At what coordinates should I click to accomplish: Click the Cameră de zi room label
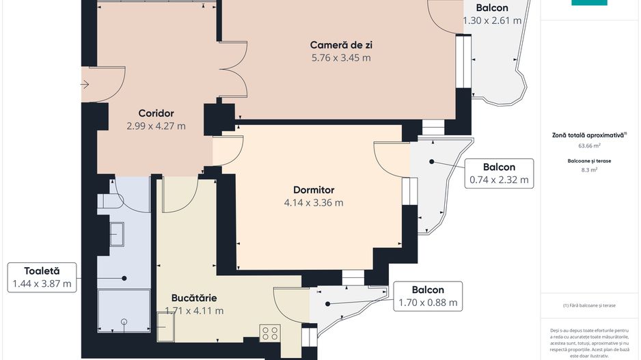pos(341,45)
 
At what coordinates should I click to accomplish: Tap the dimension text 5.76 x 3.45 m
pos(341,58)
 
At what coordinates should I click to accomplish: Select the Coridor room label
pos(156,113)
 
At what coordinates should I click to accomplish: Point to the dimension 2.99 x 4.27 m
pos(156,126)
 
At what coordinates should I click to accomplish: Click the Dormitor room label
pos(314,189)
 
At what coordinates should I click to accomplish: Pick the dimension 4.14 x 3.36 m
pos(314,203)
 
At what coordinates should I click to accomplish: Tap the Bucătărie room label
pos(194,298)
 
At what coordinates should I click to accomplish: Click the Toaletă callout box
pos(42,277)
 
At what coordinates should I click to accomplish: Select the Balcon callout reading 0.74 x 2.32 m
pos(499,174)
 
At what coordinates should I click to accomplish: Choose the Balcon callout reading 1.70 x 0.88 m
pos(428,296)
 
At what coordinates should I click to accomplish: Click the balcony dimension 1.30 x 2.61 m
pos(492,20)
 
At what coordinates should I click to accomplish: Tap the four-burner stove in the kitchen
pos(269,333)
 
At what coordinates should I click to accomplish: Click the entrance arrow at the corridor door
pos(85,85)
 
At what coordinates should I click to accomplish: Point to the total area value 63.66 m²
pos(589,146)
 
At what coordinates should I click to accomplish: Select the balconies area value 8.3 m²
pos(589,170)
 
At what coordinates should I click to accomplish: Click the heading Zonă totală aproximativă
pos(589,135)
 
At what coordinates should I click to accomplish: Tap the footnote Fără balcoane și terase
pos(589,305)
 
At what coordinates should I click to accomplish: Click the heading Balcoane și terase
pos(589,161)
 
